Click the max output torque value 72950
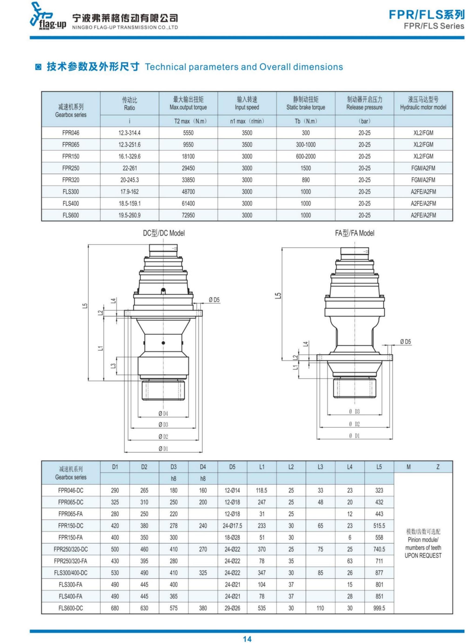coord(188,215)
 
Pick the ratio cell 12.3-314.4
coord(130,133)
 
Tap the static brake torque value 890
coord(305,180)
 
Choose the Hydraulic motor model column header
coord(423,103)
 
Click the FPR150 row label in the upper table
coord(71,156)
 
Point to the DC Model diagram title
coord(164,233)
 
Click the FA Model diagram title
coord(354,233)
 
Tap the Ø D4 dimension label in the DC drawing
coord(163,414)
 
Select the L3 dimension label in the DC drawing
coord(113,366)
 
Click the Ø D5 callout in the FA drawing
coord(405,342)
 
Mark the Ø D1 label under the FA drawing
coord(354,436)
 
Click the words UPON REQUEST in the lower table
coord(423,556)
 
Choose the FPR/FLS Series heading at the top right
coord(434,26)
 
